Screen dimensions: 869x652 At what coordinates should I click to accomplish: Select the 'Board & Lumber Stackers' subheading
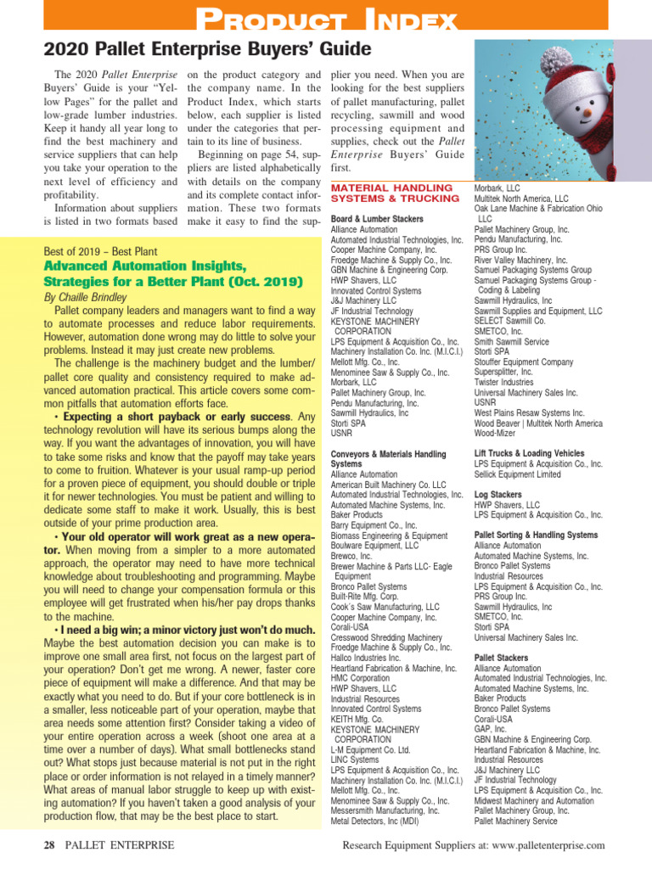click(376, 220)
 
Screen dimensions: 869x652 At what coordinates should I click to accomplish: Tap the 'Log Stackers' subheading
click(498, 495)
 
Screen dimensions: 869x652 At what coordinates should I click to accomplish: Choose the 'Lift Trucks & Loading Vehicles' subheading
click(529, 454)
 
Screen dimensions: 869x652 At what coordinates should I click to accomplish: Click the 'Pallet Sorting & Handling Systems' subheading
click(536, 535)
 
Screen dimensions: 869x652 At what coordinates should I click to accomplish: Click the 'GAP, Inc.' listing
click(490, 729)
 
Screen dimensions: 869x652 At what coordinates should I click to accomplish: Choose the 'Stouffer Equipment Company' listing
click(524, 362)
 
